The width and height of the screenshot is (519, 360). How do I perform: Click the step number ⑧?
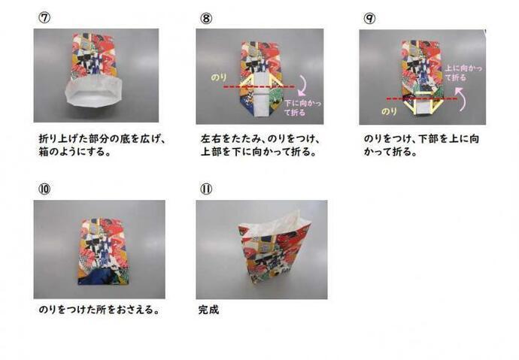tap(205, 16)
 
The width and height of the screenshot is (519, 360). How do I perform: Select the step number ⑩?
tap(43, 189)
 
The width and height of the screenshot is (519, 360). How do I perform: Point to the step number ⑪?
tap(205, 189)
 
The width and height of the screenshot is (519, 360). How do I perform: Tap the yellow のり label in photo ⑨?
tap(390, 110)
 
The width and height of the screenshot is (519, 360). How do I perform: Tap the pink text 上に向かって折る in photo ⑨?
tap(463, 73)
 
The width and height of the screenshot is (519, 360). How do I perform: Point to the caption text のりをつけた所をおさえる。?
tap(99, 309)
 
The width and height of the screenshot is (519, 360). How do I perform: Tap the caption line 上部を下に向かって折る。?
tap(258, 152)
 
